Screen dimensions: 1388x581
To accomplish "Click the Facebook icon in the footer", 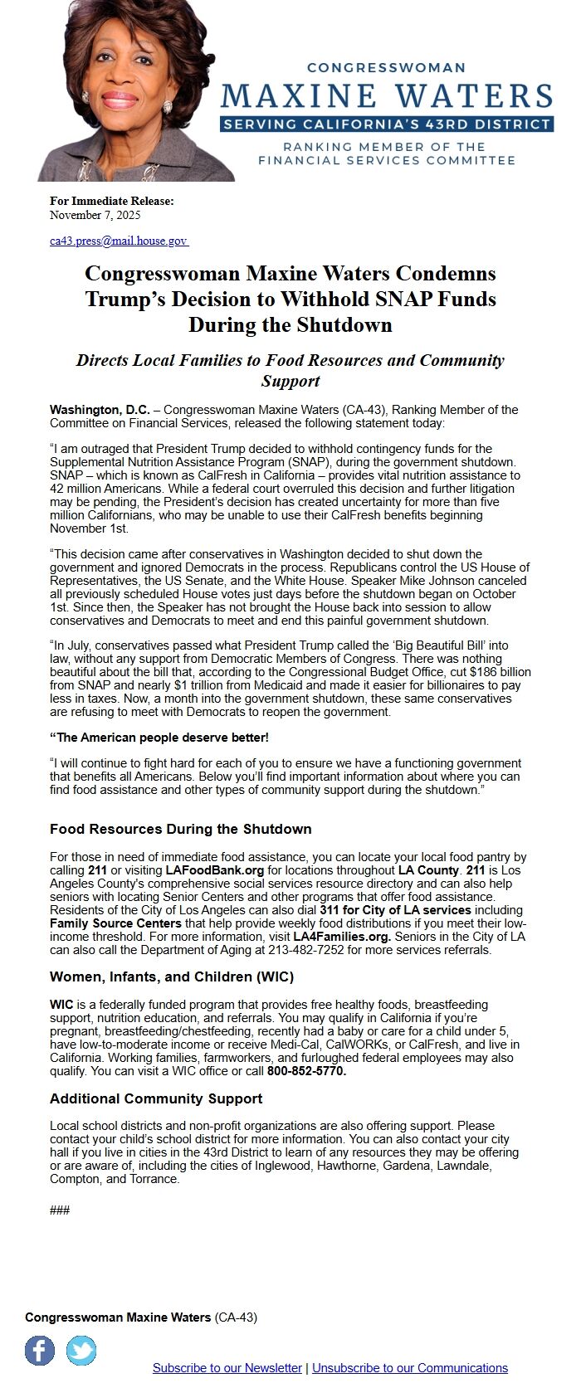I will click(x=40, y=1351).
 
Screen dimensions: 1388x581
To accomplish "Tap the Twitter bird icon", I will click(x=81, y=1351).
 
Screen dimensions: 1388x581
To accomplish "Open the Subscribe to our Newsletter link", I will click(x=227, y=1367).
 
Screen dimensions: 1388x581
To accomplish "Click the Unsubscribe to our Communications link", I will click(x=410, y=1367).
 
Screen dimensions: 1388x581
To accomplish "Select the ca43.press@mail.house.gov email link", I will click(x=119, y=241).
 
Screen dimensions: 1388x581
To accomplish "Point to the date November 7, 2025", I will click(x=95, y=215).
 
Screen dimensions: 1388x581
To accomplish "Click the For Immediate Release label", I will click(x=112, y=201).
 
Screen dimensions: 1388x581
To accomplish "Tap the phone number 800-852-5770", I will click(x=306, y=1071).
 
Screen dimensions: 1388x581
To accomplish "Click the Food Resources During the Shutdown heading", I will click(x=181, y=829).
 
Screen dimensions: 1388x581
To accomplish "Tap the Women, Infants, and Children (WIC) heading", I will click(x=172, y=976).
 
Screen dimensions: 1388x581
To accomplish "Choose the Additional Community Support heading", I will click(x=156, y=1098).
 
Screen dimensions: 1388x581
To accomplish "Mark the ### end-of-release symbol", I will click(x=60, y=1210).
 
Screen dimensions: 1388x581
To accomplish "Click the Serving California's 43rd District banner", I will click(x=387, y=124).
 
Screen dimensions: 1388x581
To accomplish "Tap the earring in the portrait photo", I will click(x=167, y=107).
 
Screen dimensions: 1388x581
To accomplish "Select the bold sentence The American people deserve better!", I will click(x=159, y=737).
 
